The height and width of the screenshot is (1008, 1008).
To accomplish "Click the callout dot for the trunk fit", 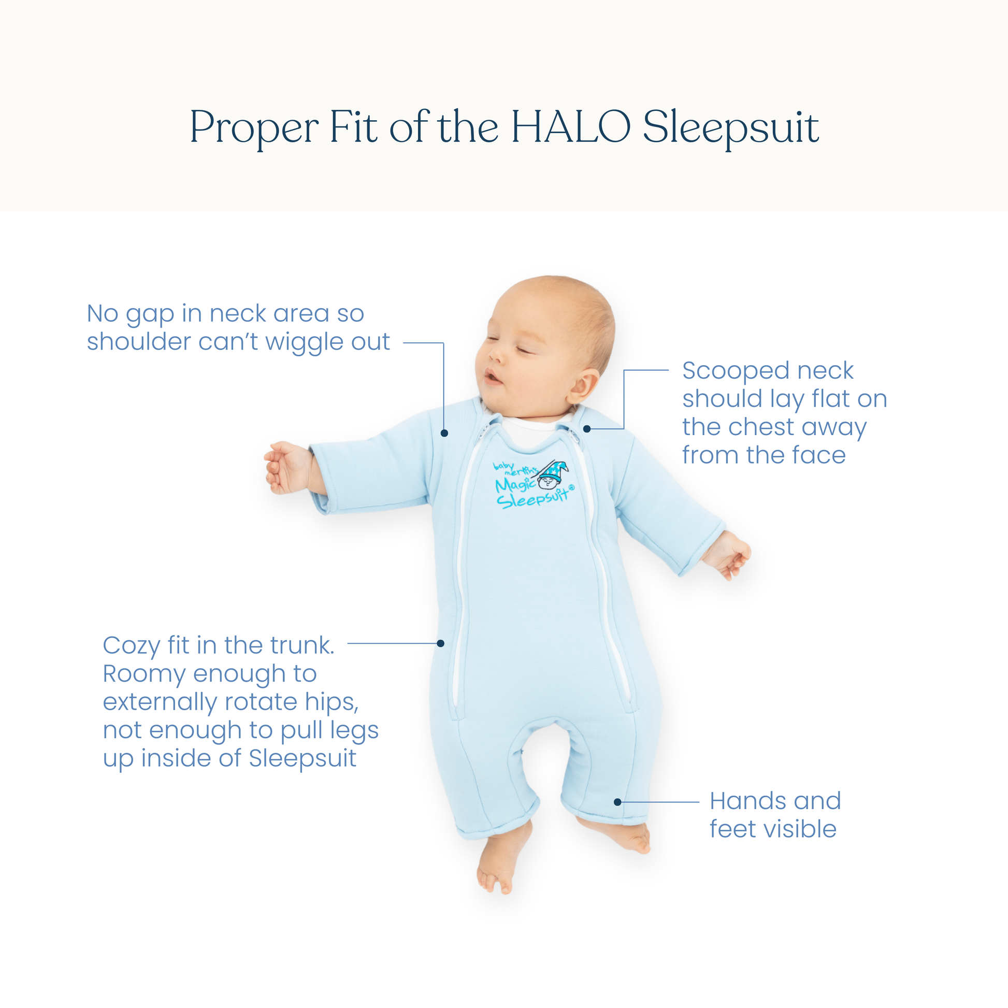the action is pos(440,643).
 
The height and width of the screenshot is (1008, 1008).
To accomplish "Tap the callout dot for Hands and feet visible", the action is pos(617,802).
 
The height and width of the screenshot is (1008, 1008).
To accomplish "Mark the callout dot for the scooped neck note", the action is pos(587,429).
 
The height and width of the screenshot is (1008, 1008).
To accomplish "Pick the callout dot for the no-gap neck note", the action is pos(444,433).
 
